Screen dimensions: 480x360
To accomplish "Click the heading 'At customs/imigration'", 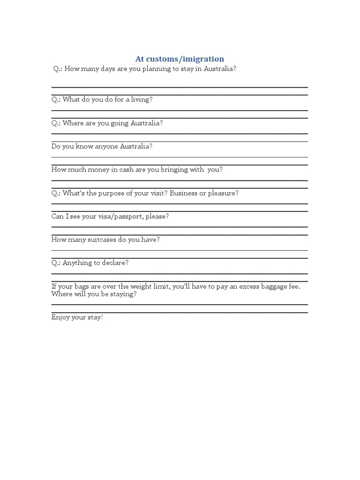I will tap(180, 59).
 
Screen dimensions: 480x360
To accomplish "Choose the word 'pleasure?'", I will tap(223, 193).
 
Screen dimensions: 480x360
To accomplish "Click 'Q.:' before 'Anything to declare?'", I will tap(56, 263).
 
